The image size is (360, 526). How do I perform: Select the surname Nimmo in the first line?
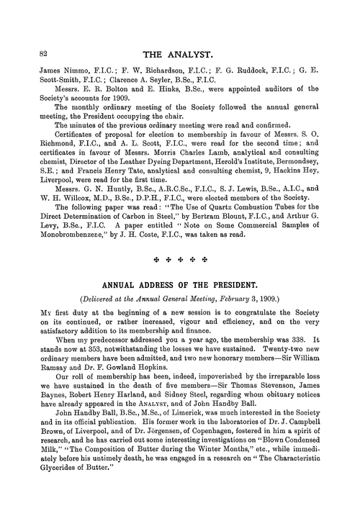pyautogui.click(x=64, y=69)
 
